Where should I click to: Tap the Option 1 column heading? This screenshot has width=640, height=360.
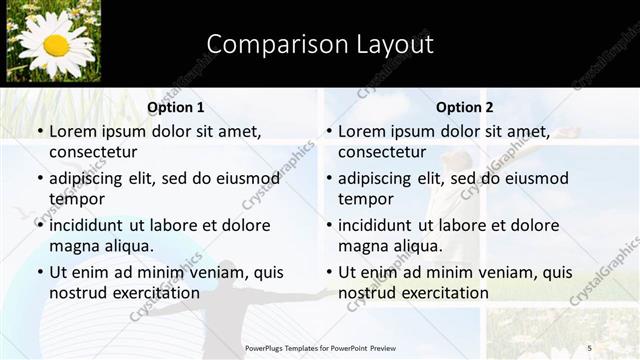coord(176,107)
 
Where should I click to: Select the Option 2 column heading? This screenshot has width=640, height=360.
coord(465,107)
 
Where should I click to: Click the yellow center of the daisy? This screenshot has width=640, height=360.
coord(56,45)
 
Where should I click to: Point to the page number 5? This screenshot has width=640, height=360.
coord(589,347)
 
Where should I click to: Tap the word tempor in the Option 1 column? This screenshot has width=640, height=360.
coord(75,199)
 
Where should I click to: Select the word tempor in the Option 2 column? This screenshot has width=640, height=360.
coord(364,199)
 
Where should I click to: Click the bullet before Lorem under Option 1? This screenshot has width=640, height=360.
coord(39,132)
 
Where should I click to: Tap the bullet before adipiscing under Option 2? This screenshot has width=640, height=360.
coord(328,179)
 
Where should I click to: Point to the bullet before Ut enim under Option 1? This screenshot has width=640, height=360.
coord(39,273)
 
